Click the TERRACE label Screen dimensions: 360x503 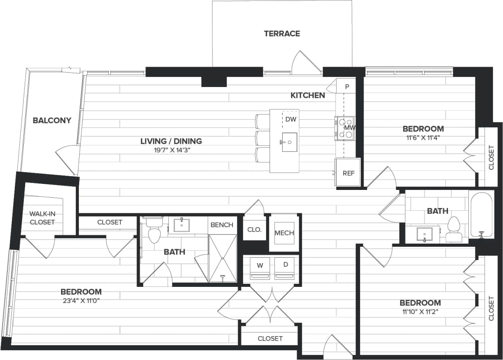[282, 34]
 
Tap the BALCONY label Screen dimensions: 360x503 [52, 120]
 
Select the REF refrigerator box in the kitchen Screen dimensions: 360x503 [348, 173]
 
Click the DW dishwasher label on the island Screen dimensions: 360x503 [290, 119]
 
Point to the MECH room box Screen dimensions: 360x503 [284, 233]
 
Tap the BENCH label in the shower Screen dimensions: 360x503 [222, 225]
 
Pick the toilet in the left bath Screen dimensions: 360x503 [154, 231]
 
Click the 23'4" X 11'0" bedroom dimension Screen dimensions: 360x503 [81, 301]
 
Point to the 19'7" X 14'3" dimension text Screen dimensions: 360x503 [171, 150]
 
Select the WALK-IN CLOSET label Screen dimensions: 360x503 [42, 218]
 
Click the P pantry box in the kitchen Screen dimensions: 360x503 [347, 86]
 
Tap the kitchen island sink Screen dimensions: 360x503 [290, 141]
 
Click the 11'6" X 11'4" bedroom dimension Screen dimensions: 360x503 [423, 138]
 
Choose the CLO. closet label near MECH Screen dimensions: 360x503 [255, 230]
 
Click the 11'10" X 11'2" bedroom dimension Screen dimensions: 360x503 [420, 312]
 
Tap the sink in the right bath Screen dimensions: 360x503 [425, 234]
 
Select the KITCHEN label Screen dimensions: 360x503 [307, 95]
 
